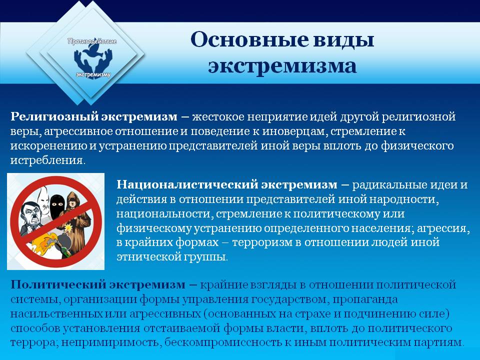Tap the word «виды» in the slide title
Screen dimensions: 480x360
pyautogui.click(x=344, y=40)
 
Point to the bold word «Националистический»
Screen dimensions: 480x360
pyautogui.click(x=186, y=184)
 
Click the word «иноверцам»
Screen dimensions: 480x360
pyautogui.click(x=295, y=131)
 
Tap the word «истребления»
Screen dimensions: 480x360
pyautogui.click(x=47, y=160)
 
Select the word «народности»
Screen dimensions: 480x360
pyautogui.click(x=404, y=199)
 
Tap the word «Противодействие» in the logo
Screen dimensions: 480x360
pyautogui.click(x=92, y=41)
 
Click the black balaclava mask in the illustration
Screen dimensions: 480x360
pyautogui.click(x=57, y=203)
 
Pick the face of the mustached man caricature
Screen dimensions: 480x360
pyautogui.click(x=30, y=215)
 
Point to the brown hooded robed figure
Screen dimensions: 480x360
pyautogui.click(x=76, y=220)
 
